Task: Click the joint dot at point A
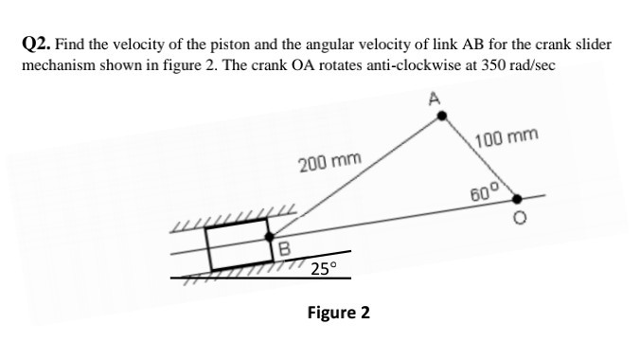441,116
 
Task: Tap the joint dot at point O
517,199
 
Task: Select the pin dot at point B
271,237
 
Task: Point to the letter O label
519,223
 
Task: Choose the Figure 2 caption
339,312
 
